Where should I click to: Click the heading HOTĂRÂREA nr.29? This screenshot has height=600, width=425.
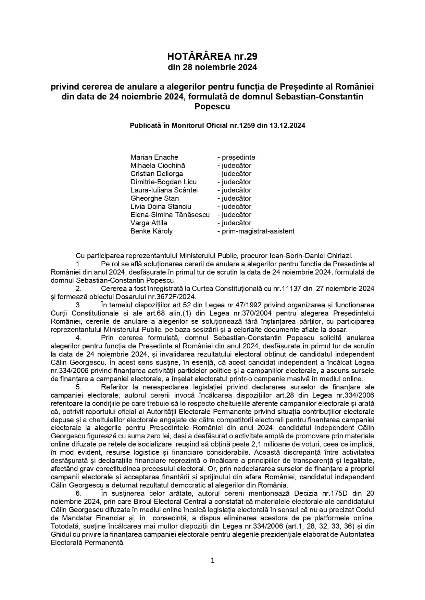[212, 56]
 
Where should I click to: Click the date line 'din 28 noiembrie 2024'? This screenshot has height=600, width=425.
[212, 67]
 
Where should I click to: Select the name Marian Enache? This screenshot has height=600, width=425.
[154, 157]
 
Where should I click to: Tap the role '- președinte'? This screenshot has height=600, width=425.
[236, 157]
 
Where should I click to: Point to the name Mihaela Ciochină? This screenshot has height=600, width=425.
[158, 165]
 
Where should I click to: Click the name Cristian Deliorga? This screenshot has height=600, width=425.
[157, 174]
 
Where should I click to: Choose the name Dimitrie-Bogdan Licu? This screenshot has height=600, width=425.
[163, 182]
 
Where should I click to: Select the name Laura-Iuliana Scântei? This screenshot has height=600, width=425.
[164, 190]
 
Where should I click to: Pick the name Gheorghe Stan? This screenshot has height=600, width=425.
[154, 198]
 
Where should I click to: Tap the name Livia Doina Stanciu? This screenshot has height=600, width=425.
[161, 206]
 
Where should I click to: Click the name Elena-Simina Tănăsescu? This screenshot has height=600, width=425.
[170, 215]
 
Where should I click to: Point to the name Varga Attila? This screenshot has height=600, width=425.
[149, 223]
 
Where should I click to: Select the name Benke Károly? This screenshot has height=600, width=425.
[151, 231]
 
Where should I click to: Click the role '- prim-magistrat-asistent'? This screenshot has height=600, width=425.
[256, 231]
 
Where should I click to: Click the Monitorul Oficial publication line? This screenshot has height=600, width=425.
[217, 125]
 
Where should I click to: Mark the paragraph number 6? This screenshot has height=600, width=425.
[79, 493]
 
